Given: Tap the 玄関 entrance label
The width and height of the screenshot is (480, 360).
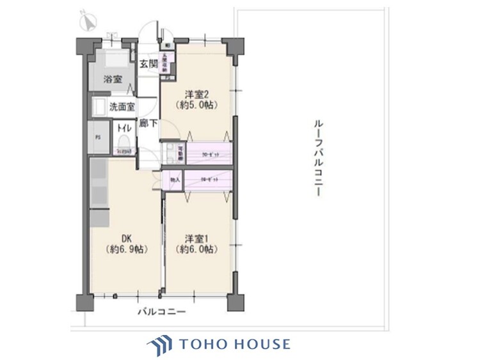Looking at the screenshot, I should [x=148, y=65].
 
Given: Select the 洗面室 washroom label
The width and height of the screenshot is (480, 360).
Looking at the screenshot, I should [x=122, y=107].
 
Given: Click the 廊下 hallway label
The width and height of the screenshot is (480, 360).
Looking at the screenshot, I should [x=148, y=123].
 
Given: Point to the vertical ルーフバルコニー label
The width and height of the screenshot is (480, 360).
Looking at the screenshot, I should [x=317, y=157].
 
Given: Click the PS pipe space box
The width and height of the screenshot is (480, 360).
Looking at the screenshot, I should [x=98, y=137].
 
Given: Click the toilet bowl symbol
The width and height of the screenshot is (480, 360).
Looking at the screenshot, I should [x=123, y=141].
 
